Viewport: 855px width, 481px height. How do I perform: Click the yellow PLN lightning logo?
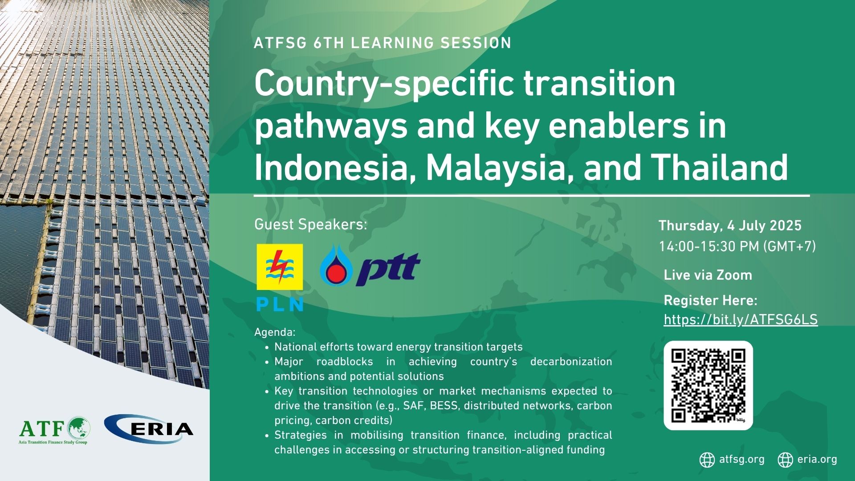(280, 267)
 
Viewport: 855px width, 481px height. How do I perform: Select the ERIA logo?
(149, 429)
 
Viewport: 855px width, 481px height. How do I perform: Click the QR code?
(708, 385)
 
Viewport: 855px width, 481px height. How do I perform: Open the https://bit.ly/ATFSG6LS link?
(741, 320)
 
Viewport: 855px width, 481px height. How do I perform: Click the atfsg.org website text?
(741, 459)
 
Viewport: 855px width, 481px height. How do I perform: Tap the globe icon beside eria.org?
(786, 460)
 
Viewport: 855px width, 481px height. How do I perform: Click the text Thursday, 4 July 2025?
(730, 226)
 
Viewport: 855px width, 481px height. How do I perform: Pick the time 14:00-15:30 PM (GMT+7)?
(737, 246)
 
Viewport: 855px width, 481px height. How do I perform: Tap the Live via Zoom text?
(708, 275)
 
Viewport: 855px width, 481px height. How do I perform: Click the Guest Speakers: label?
(311, 224)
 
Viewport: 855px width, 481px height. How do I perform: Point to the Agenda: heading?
(275, 332)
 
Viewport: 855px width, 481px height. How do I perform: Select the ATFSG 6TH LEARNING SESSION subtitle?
(383, 43)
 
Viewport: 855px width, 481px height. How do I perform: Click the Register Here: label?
(710, 301)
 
